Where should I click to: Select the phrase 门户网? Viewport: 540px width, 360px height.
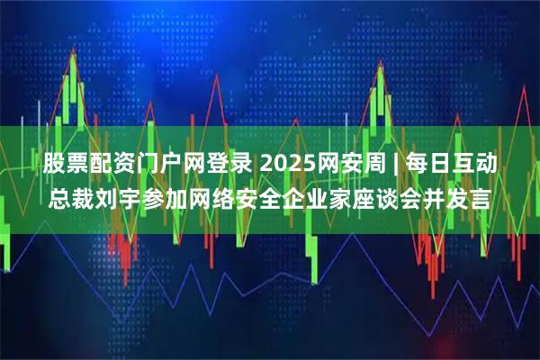pyautogui.click(x=165, y=165)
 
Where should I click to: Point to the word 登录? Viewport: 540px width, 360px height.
pyautogui.click(x=224, y=165)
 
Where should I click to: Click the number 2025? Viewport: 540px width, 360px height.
pyautogui.click(x=286, y=165)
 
